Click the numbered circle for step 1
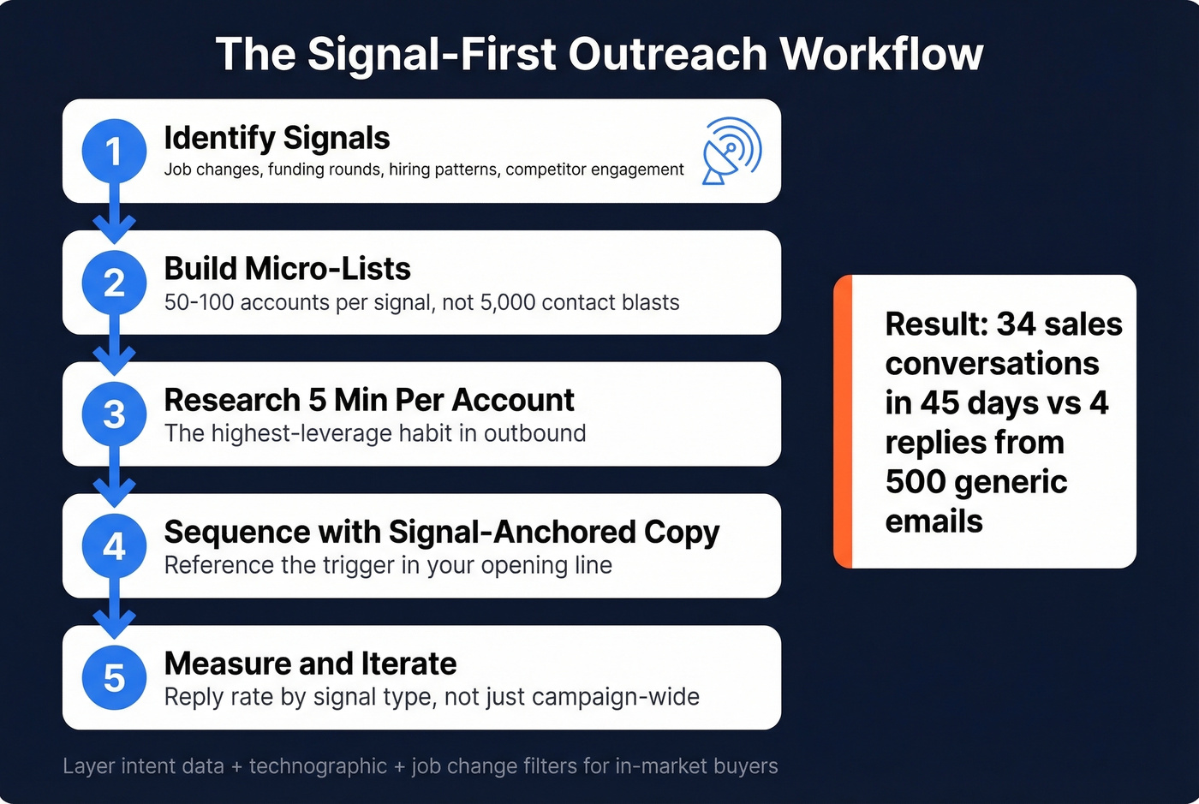pyautogui.click(x=114, y=152)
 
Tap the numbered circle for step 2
pyautogui.click(x=114, y=283)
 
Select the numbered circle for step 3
pyautogui.click(x=114, y=415)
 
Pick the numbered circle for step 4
pyautogui.click(x=114, y=546)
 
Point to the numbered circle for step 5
pyautogui.click(x=114, y=678)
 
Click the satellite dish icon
pyautogui.click(x=731, y=151)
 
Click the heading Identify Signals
pyautogui.click(x=277, y=138)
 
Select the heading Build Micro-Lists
pyautogui.click(x=287, y=269)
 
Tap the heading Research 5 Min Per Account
pyautogui.click(x=368, y=400)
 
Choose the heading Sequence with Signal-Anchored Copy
pyautogui.click(x=441, y=532)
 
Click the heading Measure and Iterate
pyautogui.click(x=310, y=664)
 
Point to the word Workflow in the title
pyautogui.click(x=881, y=54)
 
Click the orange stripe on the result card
pyautogui.click(x=843, y=421)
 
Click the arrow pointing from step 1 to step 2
pyautogui.click(x=114, y=224)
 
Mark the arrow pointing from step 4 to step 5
pyautogui.click(x=114, y=619)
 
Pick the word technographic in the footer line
pyautogui.click(x=318, y=766)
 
